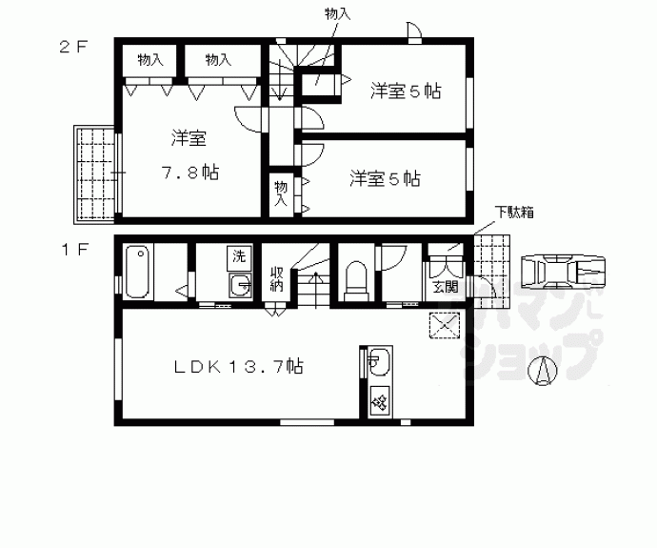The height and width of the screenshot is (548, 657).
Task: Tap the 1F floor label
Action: [x=73, y=250]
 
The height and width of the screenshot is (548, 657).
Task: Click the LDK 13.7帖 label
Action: [x=238, y=365]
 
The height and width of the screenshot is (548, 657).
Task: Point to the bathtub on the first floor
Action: [x=137, y=272]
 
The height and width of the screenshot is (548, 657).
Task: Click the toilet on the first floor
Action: [x=356, y=277]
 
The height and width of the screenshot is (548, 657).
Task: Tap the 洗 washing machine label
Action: [x=240, y=255]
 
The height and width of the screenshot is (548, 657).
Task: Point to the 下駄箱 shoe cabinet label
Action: [x=511, y=212]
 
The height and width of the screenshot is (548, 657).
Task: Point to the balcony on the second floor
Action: [x=94, y=173]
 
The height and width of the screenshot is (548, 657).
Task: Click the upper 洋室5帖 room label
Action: [x=406, y=91]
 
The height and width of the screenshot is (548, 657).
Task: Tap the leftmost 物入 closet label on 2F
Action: [x=150, y=59]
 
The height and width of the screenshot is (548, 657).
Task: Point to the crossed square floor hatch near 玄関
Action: [x=443, y=326]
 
